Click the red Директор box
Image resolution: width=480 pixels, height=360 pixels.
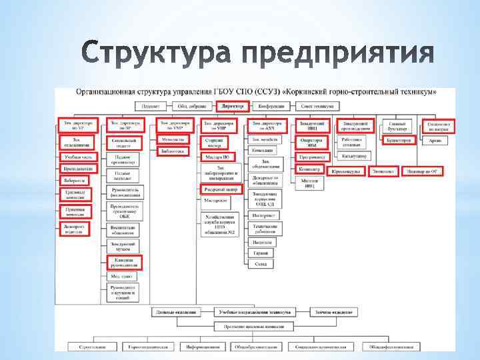(x=232, y=106)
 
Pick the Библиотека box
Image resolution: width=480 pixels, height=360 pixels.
(x=173, y=151)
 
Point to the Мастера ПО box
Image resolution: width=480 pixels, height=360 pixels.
(x=217, y=157)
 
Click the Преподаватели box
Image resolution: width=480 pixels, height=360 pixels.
(x=77, y=169)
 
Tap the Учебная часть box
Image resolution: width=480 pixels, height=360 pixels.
(x=77, y=157)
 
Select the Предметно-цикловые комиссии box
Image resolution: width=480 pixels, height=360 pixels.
(x=253, y=327)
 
